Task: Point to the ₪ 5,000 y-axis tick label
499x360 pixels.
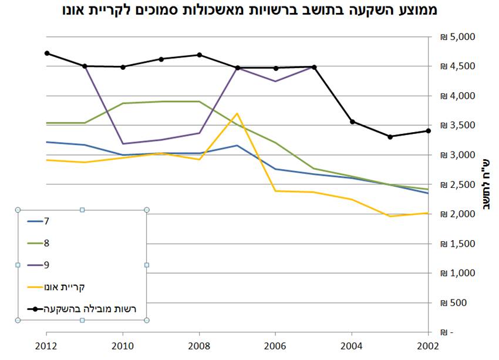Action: click(461, 37)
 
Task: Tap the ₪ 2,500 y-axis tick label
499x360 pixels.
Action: click(461, 185)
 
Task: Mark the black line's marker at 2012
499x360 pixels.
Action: click(47, 53)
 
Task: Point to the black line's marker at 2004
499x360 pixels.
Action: click(352, 122)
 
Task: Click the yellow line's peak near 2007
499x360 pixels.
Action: click(237, 113)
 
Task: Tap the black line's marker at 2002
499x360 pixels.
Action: click(429, 131)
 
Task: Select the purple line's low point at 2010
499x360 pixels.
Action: click(123, 143)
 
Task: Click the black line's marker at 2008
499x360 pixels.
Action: click(200, 55)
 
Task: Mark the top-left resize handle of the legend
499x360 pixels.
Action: click(18, 210)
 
